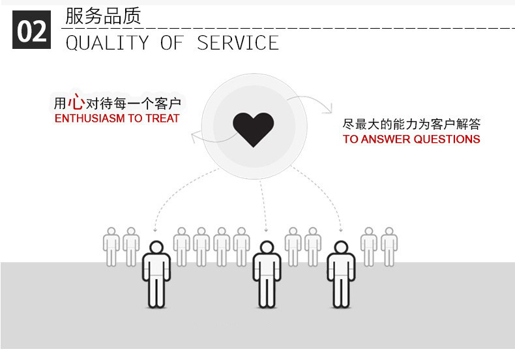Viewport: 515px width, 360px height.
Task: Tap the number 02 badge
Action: tap(31, 30)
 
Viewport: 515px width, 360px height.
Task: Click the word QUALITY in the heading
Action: tap(107, 43)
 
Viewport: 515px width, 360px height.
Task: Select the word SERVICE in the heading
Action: tap(238, 43)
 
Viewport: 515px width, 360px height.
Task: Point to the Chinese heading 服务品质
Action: tap(103, 16)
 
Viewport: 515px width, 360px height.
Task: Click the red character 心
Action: tap(76, 102)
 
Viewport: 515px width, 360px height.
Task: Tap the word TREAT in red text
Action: tap(162, 119)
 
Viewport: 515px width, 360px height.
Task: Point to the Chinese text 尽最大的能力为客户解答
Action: tap(411, 124)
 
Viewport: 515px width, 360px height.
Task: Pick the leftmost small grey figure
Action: tap(111, 247)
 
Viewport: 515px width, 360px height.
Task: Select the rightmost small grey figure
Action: tap(389, 247)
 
